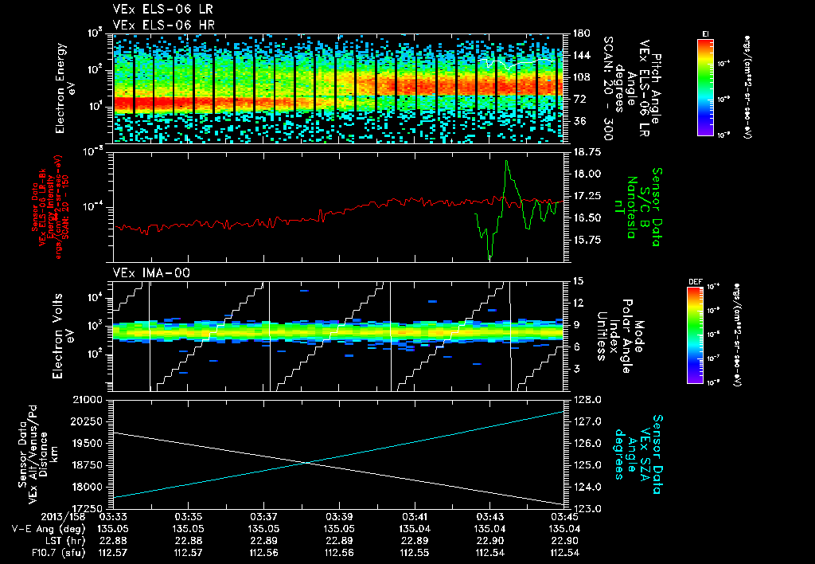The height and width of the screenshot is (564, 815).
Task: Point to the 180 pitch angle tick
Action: [580, 33]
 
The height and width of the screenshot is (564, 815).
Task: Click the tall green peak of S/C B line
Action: [506, 163]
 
